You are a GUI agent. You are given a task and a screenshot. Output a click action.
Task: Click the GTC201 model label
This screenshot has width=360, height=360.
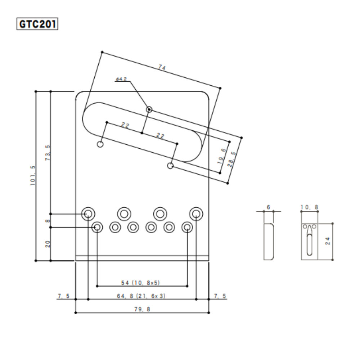point(37,24)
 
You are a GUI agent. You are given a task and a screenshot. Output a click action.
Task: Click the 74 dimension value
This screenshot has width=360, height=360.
point(162,67)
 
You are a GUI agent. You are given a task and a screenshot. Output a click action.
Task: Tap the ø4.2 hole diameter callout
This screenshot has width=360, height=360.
point(121,79)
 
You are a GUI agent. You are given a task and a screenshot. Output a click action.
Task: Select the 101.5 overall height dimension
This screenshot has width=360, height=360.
point(33,175)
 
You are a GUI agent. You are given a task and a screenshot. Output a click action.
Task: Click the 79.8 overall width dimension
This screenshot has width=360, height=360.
point(142,309)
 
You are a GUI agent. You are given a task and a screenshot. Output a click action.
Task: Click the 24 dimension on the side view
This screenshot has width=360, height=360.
point(327,241)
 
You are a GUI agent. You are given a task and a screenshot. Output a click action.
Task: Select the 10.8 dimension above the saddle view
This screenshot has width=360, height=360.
point(309,207)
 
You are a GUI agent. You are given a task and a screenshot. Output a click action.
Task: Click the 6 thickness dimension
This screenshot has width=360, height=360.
point(268,207)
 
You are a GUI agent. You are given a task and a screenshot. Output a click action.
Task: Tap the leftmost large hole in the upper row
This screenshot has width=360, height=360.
point(87,213)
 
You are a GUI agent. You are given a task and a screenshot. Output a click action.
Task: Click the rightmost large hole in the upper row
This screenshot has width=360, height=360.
point(196,213)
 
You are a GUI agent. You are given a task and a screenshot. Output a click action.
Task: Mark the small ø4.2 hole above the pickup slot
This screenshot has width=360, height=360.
point(149,109)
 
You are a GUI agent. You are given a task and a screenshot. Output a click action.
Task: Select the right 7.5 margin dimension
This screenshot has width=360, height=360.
point(220,296)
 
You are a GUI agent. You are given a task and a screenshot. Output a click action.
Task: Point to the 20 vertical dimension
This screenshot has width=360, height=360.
point(48,244)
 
